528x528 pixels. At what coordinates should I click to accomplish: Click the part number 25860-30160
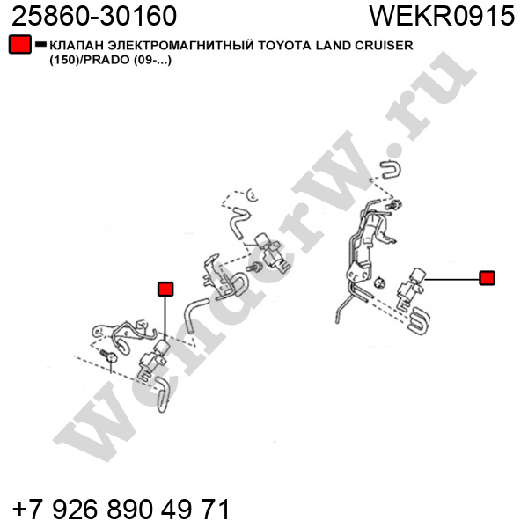(x=94, y=16)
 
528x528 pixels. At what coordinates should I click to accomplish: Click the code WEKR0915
(x=442, y=16)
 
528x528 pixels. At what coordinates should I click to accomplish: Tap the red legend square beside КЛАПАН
(x=20, y=44)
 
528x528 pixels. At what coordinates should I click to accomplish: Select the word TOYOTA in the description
(x=285, y=45)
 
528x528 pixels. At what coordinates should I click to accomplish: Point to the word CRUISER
(x=384, y=45)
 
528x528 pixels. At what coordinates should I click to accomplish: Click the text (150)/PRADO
(x=90, y=60)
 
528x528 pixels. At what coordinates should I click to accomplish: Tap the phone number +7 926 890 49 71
(x=121, y=509)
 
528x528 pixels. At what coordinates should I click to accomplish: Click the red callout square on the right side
(x=487, y=278)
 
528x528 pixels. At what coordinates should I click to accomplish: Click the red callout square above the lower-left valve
(x=165, y=289)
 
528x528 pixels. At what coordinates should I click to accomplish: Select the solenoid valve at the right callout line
(x=410, y=289)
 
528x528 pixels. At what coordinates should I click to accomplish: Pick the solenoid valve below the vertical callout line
(x=153, y=360)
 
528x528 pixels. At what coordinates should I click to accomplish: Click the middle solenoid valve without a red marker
(x=271, y=253)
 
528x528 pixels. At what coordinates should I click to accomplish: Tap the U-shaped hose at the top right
(x=391, y=169)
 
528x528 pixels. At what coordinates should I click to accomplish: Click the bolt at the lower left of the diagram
(x=108, y=356)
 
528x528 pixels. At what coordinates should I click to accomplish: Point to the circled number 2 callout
(x=253, y=194)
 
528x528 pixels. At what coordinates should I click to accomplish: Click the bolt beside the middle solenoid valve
(x=254, y=268)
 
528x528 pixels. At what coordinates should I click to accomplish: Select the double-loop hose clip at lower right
(x=418, y=320)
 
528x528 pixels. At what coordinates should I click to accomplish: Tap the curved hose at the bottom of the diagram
(x=163, y=394)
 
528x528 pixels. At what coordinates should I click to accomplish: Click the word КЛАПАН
(x=77, y=45)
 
